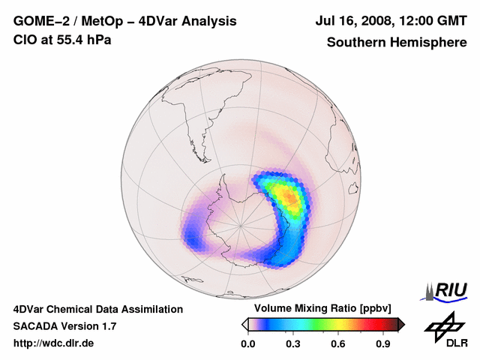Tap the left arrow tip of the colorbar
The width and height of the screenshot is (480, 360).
point(244,324)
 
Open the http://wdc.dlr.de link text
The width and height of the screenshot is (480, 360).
point(54,343)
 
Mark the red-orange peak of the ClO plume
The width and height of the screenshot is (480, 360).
point(290,198)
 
